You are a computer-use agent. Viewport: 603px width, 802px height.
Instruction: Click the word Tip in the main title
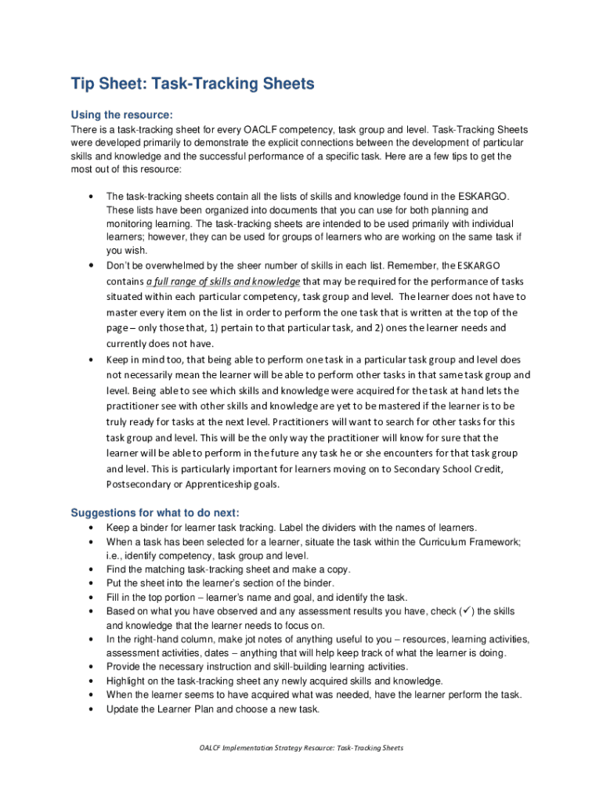coord(82,84)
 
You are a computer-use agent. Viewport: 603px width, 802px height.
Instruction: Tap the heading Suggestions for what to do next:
coord(155,513)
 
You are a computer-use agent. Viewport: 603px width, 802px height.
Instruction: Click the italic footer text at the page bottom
coord(301,748)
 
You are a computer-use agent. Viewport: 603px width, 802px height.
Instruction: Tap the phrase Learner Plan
coord(181,709)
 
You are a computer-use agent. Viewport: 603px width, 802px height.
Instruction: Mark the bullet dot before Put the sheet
coord(92,583)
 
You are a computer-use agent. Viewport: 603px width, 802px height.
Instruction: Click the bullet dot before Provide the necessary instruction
coord(92,667)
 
